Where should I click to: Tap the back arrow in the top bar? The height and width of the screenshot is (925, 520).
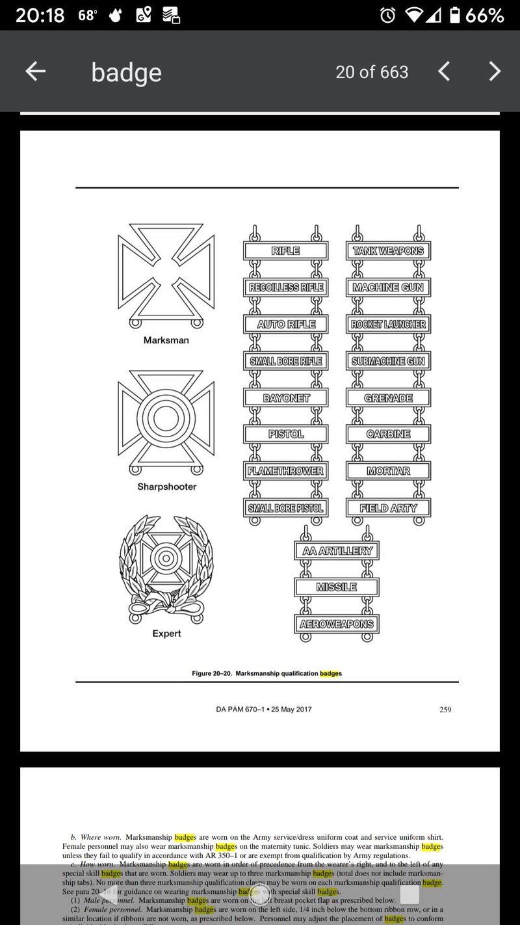(x=35, y=72)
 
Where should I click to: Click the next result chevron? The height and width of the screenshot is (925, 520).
(x=495, y=72)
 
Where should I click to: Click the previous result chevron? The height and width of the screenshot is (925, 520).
(x=444, y=72)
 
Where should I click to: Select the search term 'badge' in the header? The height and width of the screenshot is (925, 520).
(x=126, y=72)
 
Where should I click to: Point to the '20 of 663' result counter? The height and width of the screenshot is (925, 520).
(x=372, y=72)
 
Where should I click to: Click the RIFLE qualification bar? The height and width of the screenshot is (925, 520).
(x=285, y=251)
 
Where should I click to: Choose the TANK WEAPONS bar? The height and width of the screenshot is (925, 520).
(x=388, y=251)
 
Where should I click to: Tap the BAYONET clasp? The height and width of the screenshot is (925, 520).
(x=285, y=397)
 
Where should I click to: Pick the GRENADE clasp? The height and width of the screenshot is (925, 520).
(x=388, y=397)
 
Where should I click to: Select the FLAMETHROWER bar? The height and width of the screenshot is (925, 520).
(x=285, y=471)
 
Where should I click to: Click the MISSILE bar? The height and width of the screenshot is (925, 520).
(x=336, y=587)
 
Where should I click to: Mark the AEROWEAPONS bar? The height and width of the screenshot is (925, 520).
(x=336, y=624)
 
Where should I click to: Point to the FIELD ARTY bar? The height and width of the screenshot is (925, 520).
(x=388, y=508)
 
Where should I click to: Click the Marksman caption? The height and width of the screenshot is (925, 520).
(x=166, y=340)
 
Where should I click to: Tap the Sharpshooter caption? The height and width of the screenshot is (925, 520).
(x=166, y=487)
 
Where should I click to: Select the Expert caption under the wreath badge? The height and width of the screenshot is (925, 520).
(x=166, y=634)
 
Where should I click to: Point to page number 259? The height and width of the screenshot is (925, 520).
(x=445, y=710)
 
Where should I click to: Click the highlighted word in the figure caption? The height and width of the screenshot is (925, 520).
(x=330, y=674)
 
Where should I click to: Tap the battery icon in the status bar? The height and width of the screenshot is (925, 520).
(x=455, y=15)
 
